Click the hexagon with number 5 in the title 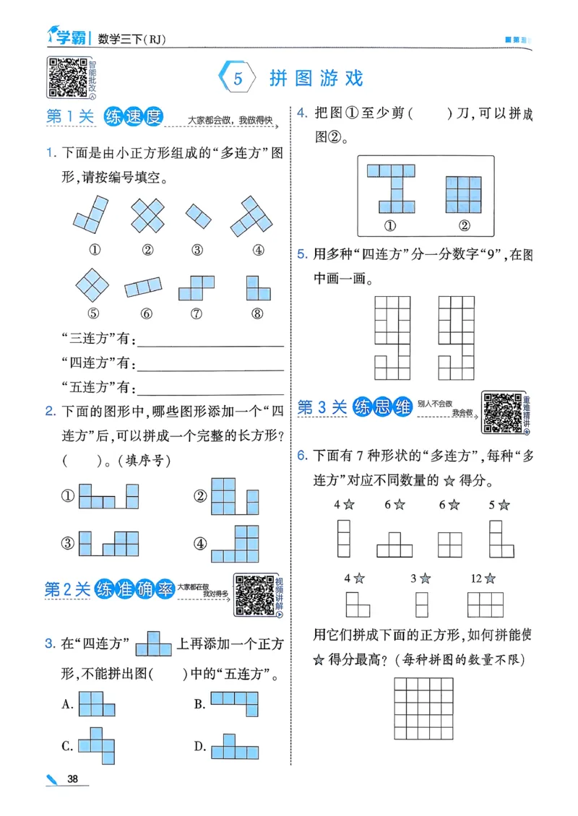(237, 78)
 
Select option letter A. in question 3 (69, 704)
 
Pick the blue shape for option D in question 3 (235, 747)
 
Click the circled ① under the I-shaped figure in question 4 (389, 226)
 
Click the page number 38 (73, 778)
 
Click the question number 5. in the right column (302, 254)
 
